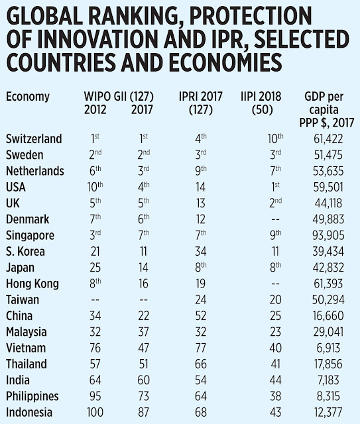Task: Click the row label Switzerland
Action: [x=34, y=138]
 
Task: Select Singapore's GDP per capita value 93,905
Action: [x=328, y=235]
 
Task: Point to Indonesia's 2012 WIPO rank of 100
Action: [x=95, y=412]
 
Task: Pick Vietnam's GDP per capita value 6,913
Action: [x=328, y=348]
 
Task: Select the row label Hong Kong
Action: [x=32, y=284]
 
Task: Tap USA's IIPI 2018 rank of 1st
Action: [x=275, y=187]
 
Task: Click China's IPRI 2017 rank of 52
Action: [x=201, y=316]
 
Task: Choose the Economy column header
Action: [x=28, y=97]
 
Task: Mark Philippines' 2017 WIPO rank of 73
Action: [x=143, y=396]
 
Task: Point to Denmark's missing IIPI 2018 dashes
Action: [x=275, y=219]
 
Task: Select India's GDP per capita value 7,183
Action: [x=328, y=380]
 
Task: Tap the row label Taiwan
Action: [x=23, y=300]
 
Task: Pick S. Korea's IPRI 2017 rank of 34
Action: [x=201, y=252]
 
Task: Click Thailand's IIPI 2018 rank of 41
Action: [x=275, y=364]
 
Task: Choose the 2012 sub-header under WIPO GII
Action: [x=95, y=110]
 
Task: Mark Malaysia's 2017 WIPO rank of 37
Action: [x=143, y=332]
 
